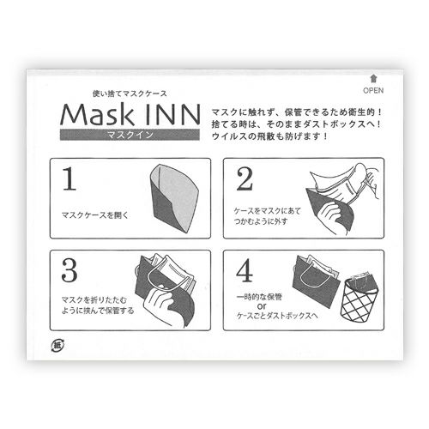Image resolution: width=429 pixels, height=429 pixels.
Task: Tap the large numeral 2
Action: pos(244,180)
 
